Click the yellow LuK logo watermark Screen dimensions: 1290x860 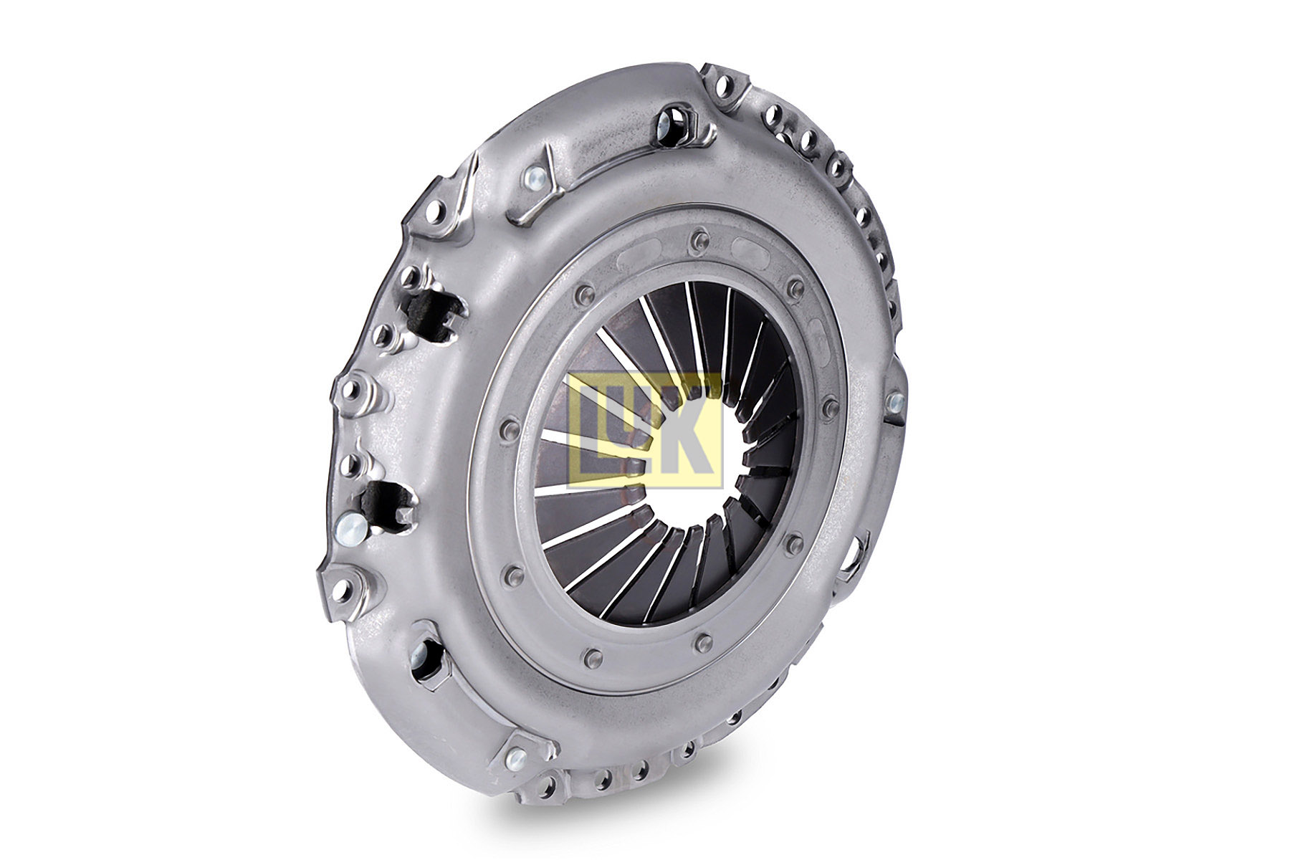point(644,430)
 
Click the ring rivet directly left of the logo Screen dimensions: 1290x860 point(510,430)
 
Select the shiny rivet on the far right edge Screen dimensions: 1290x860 point(895,402)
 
